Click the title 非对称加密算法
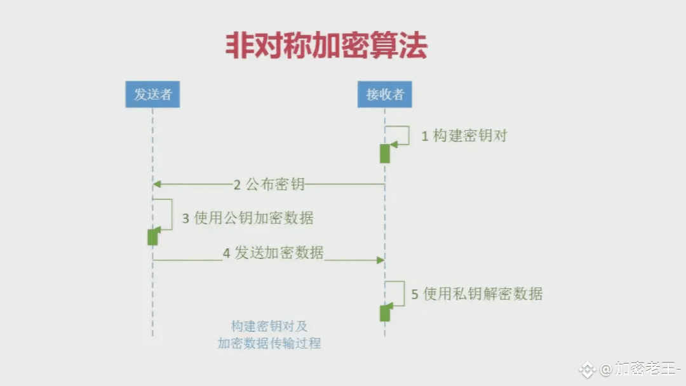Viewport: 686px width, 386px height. pyautogui.click(x=326, y=46)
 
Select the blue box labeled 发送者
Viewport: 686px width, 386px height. pyautogui.click(x=152, y=95)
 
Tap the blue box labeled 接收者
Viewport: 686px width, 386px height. pyautogui.click(x=384, y=95)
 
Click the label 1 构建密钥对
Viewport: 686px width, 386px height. pyautogui.click(x=464, y=136)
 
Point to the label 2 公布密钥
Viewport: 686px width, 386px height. pyautogui.click(x=269, y=185)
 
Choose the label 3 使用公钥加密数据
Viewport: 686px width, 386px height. pyautogui.click(x=248, y=218)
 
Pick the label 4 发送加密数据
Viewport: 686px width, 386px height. pyautogui.click(x=273, y=253)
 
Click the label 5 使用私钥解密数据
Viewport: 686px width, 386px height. pyautogui.click(x=477, y=294)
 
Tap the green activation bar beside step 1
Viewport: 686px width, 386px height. pyautogui.click(x=385, y=153)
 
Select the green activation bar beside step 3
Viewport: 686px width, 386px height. pyautogui.click(x=152, y=237)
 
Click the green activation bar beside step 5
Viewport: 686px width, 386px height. pyautogui.click(x=385, y=313)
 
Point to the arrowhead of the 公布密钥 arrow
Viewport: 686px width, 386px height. pyautogui.click(x=157, y=184)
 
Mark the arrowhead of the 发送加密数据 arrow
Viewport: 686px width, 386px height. pyautogui.click(x=380, y=260)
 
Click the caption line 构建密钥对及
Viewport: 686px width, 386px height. pyautogui.click(x=269, y=326)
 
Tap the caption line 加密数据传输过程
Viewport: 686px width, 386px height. pyautogui.click(x=269, y=343)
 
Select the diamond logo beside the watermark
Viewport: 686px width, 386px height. pyautogui.click(x=588, y=369)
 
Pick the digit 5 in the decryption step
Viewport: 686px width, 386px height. pyautogui.click(x=415, y=295)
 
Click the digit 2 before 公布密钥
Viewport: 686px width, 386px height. pyautogui.click(x=237, y=185)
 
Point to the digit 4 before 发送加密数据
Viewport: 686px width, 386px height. pyautogui.click(x=227, y=253)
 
